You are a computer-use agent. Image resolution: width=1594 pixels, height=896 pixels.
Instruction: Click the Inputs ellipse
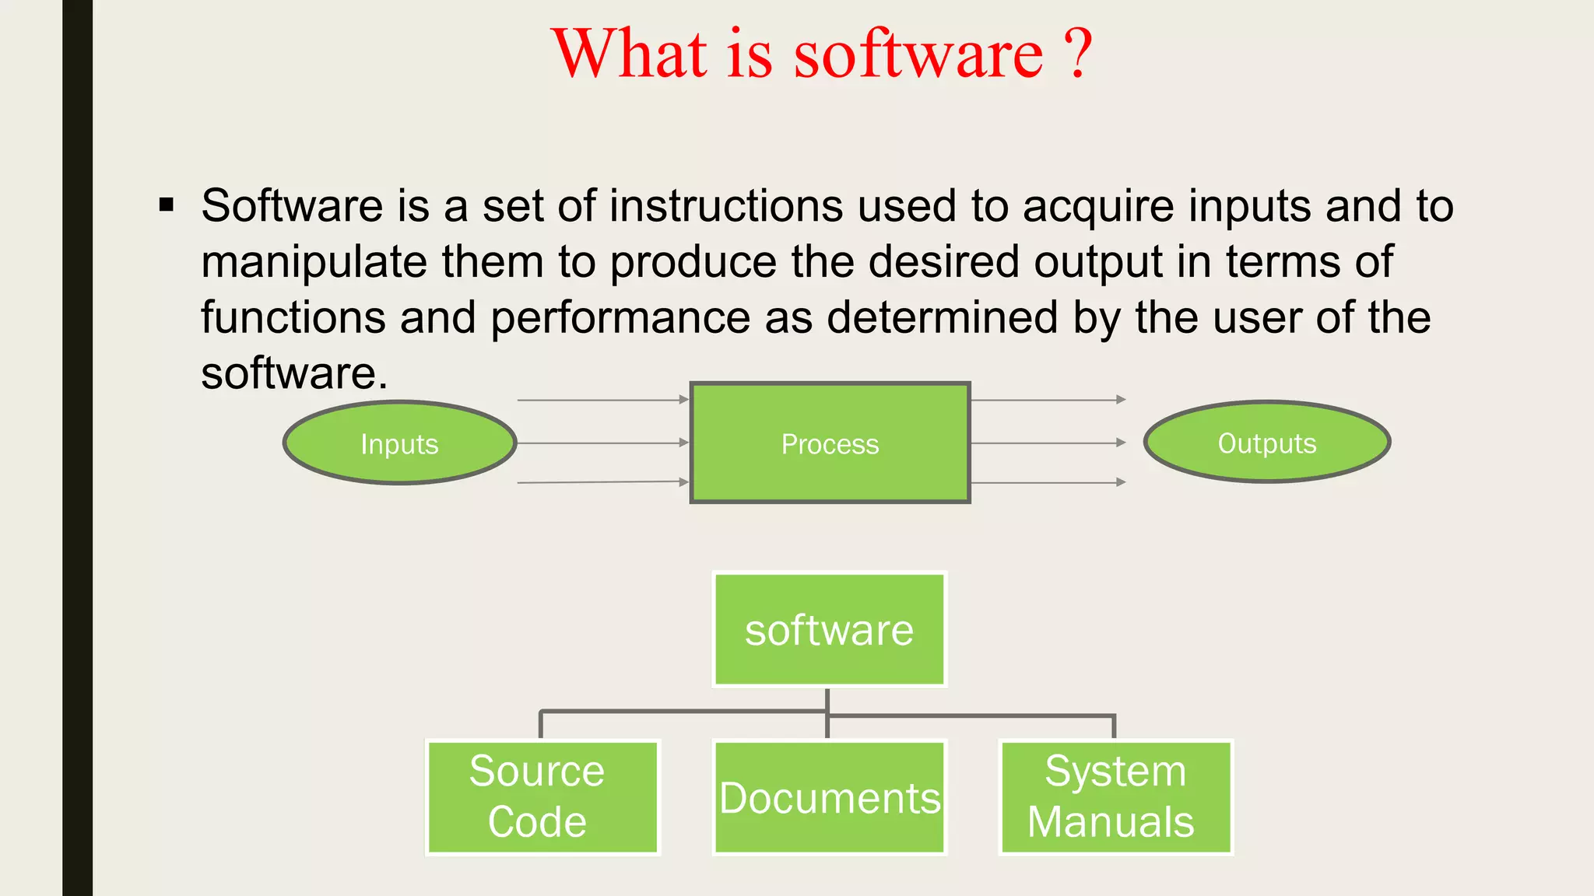(x=399, y=443)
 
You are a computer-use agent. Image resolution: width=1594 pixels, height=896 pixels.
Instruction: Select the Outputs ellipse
(x=1266, y=443)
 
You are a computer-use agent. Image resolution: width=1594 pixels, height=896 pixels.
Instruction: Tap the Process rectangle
(x=830, y=443)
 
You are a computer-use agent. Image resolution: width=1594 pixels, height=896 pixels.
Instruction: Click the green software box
(x=829, y=629)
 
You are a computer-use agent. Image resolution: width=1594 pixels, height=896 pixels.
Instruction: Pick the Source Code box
(x=542, y=797)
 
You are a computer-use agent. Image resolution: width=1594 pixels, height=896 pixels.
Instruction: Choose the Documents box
(x=829, y=797)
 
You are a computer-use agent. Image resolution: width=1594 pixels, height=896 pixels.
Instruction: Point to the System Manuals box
(x=1115, y=797)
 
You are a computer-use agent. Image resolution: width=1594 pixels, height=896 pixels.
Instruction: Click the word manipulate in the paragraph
(x=314, y=262)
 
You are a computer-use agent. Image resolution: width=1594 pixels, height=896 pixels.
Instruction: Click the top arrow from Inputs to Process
(x=602, y=400)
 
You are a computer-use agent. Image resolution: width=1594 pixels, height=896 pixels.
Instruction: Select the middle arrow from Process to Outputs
(x=1048, y=443)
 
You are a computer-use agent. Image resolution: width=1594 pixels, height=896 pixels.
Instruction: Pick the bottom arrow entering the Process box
(x=602, y=482)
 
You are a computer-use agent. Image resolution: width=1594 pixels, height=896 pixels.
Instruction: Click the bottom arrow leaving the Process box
(x=1048, y=482)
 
